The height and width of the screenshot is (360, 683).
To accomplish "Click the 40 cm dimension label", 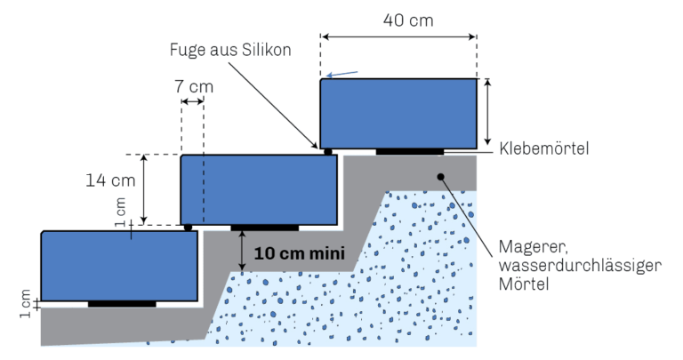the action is (408, 20).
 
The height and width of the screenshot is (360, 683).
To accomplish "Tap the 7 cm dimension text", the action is (194, 86).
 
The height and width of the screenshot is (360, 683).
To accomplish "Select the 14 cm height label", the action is (110, 180).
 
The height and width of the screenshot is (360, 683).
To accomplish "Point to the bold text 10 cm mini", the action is (299, 253).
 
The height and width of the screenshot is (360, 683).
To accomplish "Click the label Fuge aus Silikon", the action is (230, 50).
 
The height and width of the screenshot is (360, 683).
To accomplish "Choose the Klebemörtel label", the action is (544, 148).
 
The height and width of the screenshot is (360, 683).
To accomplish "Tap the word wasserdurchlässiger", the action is (580, 265).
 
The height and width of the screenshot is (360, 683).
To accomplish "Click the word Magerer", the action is (534, 247).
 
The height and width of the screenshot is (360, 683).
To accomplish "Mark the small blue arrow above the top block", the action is (341, 75).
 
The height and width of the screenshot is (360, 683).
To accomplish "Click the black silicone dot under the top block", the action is (328, 152).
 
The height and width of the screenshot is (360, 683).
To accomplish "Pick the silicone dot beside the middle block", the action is (189, 228).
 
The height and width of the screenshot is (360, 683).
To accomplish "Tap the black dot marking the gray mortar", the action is (441, 177).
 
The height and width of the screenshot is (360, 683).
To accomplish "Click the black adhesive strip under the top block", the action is (410, 151).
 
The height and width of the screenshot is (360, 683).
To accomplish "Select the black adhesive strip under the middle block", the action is (265, 228).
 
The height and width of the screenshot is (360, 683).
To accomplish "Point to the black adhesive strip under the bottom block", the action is (122, 304).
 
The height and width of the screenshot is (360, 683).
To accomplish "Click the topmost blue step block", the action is (398, 114).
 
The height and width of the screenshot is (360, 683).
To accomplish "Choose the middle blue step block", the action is (259, 190).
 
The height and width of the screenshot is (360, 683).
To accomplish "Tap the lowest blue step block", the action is (119, 266).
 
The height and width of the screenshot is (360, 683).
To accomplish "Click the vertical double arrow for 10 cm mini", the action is (242, 251).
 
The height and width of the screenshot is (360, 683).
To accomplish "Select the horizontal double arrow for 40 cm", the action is (398, 37).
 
